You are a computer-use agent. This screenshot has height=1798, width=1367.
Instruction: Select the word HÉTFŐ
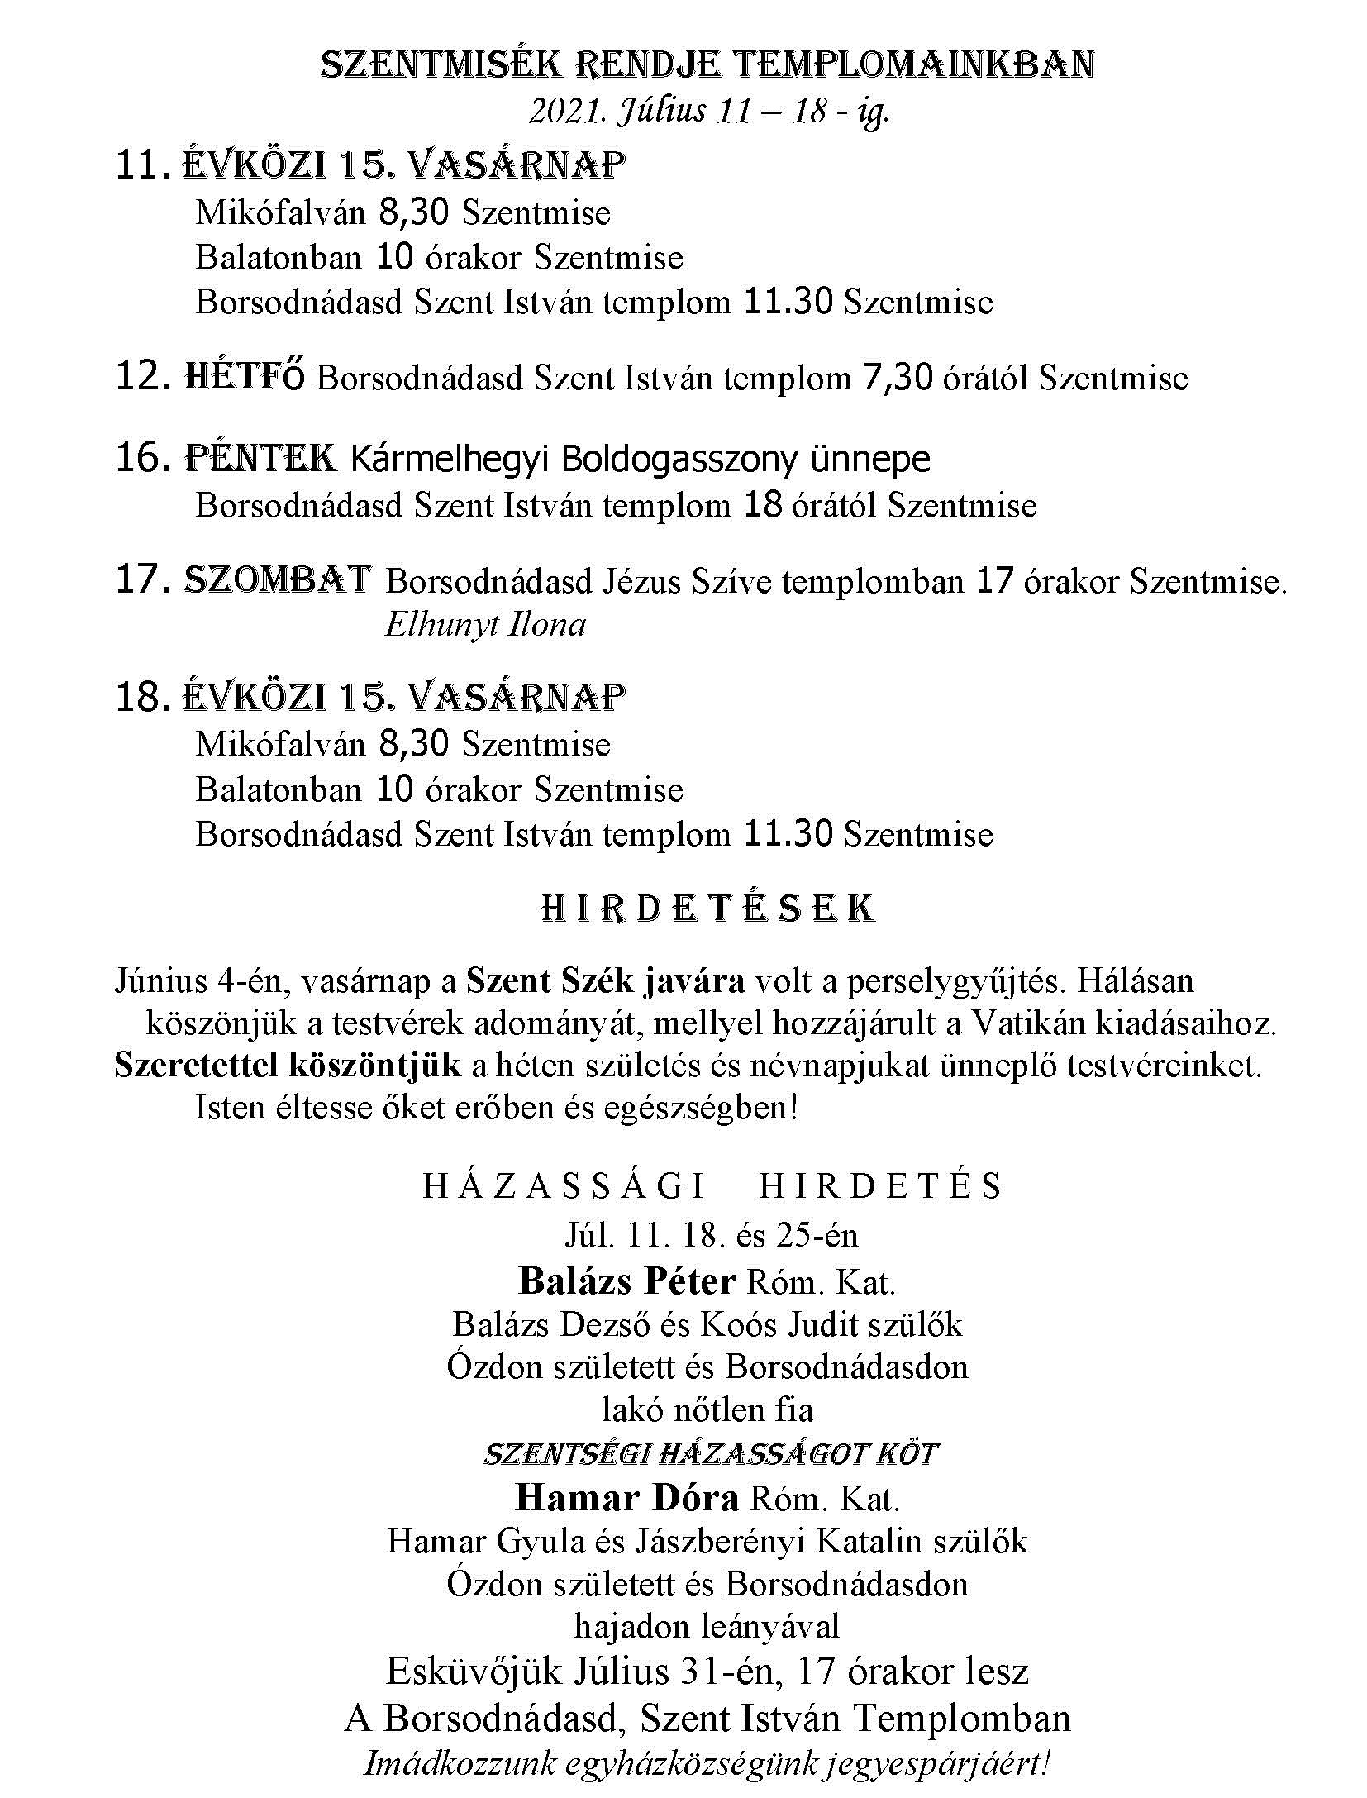244,378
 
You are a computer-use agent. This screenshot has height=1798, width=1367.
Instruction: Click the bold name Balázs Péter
627,1281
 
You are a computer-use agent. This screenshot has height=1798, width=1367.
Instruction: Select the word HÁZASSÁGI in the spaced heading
564,1187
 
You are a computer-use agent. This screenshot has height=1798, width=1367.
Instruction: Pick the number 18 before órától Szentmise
762,505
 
